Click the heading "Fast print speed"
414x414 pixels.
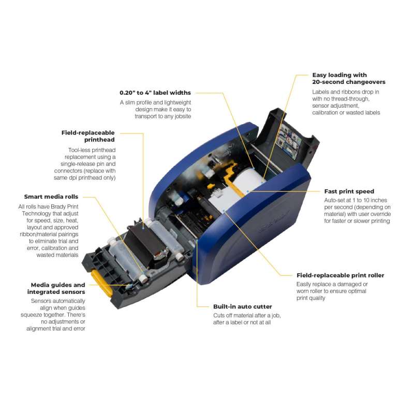point(349,191)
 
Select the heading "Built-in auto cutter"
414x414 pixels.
point(242,306)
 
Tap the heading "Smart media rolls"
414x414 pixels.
point(51,197)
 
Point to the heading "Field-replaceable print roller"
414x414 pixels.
point(340,275)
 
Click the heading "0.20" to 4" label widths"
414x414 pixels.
point(155,93)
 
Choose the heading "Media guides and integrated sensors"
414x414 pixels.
point(56,288)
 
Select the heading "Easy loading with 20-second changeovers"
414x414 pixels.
point(348,79)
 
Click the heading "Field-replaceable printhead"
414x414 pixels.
point(88,136)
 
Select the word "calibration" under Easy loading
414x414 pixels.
point(325,113)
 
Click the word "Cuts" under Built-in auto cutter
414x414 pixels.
point(219,316)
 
